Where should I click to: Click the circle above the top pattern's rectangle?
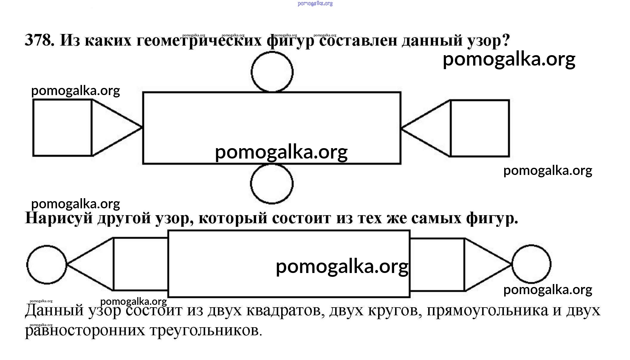tap(272, 72)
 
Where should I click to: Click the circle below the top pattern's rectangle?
tap(272, 184)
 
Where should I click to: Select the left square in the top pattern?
tap(62, 128)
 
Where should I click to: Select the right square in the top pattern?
tap(480, 128)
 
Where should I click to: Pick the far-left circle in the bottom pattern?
tap(47, 265)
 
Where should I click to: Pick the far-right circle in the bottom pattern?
tap(531, 264)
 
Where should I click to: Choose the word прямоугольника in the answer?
tap(487, 311)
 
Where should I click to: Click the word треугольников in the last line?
tap(206, 330)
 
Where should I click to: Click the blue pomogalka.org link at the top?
tap(315, 4)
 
